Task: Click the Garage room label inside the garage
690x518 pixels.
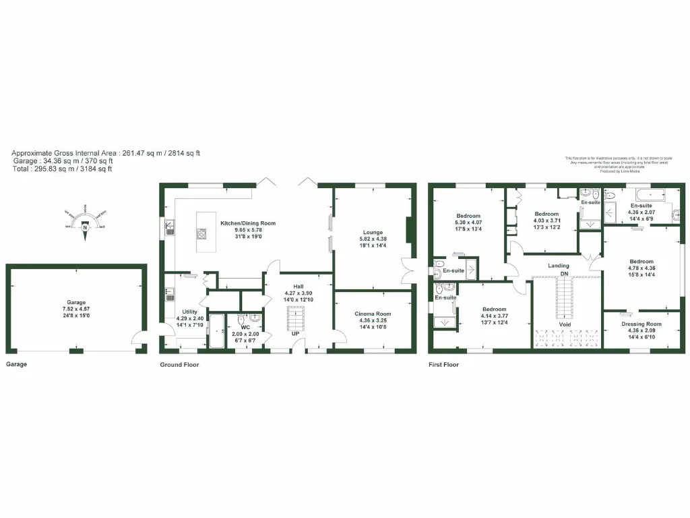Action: [x=75, y=303]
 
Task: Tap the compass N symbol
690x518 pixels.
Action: [x=85, y=227]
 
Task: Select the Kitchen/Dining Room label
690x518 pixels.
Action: [x=248, y=223]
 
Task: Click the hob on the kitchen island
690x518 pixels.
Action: [x=201, y=234]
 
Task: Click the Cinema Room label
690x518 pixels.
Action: [x=372, y=314]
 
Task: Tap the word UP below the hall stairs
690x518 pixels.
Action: [x=295, y=334]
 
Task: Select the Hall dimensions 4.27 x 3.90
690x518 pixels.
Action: [x=298, y=292]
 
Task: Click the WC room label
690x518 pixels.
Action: [x=245, y=327]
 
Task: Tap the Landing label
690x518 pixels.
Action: [x=559, y=266]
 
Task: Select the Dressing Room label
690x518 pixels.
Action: [x=641, y=324]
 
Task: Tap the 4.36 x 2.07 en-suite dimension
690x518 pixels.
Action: [x=641, y=212]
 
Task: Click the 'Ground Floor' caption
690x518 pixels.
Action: [x=179, y=365]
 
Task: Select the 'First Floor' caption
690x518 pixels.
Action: [x=443, y=365]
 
